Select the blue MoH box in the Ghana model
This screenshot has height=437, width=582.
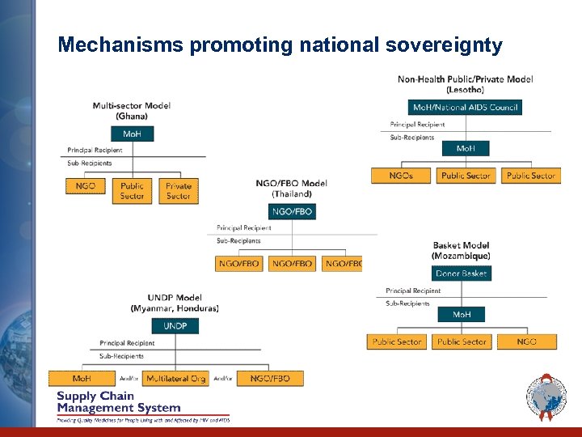pyautogui.click(x=132, y=134)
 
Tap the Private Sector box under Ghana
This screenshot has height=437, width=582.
pyautogui.click(x=179, y=191)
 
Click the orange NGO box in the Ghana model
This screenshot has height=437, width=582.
pyautogui.click(x=86, y=186)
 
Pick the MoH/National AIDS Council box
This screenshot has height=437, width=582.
pyautogui.click(x=465, y=107)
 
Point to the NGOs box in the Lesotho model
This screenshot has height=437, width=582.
pyautogui.click(x=401, y=175)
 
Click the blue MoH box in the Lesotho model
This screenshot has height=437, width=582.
pyautogui.click(x=466, y=149)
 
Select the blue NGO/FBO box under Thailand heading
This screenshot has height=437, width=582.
pyautogui.click(x=293, y=211)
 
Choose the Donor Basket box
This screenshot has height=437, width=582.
pyautogui.click(x=461, y=274)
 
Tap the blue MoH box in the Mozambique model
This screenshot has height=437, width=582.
pyautogui.click(x=462, y=314)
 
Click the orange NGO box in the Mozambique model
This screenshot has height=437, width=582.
pyautogui.click(x=526, y=342)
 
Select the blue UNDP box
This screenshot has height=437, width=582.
pyautogui.click(x=175, y=326)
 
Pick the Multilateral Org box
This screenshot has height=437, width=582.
pyautogui.click(x=175, y=378)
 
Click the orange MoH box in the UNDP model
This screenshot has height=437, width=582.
pyautogui.click(x=82, y=378)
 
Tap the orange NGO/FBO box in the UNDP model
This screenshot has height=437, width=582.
pyautogui.click(x=270, y=378)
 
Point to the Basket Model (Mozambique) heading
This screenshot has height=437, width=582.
pyautogui.click(x=461, y=251)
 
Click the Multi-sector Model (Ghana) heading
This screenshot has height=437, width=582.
pyautogui.click(x=132, y=111)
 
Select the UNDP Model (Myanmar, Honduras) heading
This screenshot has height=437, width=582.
pyautogui.click(x=175, y=303)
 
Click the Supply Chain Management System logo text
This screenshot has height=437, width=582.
pyautogui.click(x=119, y=402)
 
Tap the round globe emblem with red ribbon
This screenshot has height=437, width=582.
pyautogui.click(x=546, y=398)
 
